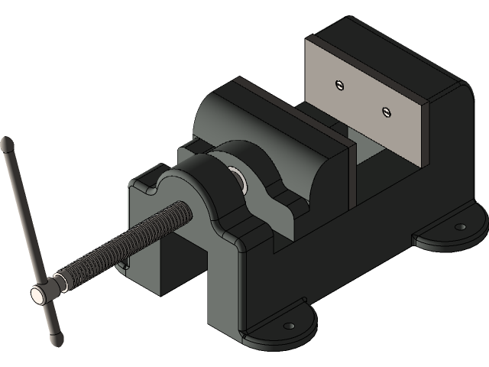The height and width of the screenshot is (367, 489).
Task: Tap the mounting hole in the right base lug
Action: pyautogui.click(x=460, y=227)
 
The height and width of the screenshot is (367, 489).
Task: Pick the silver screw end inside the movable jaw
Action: pyautogui.click(x=238, y=178)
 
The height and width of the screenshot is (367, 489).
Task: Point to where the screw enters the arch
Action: pyautogui.click(x=183, y=208)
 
